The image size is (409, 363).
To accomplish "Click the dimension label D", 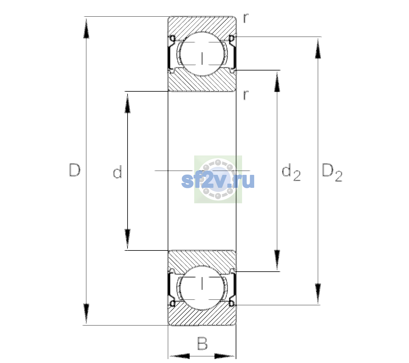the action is [75, 170].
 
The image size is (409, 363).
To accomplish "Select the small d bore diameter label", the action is [117, 172].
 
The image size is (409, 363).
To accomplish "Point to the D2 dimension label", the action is [332, 172].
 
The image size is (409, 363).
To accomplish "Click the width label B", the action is [202, 343].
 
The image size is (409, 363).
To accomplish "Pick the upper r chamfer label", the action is [246, 18].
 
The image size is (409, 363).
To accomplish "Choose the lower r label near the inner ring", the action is [246, 95].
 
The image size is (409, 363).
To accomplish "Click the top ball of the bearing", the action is [202, 54].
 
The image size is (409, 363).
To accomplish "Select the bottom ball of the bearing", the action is [202, 288].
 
